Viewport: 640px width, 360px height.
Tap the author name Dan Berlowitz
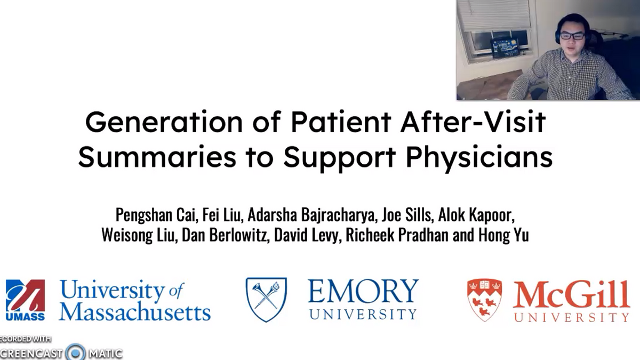click(x=226, y=235)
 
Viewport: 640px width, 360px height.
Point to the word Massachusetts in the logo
click(x=134, y=311)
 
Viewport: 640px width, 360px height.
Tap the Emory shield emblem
click(x=266, y=299)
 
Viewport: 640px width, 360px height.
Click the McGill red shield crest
click(x=484, y=299)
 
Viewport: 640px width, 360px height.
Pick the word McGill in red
click(x=571, y=294)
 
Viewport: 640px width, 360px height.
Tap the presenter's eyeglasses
click(x=573, y=36)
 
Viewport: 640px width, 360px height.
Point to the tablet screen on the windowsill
click(x=504, y=47)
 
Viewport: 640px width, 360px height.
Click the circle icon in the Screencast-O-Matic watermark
click(x=76, y=353)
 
